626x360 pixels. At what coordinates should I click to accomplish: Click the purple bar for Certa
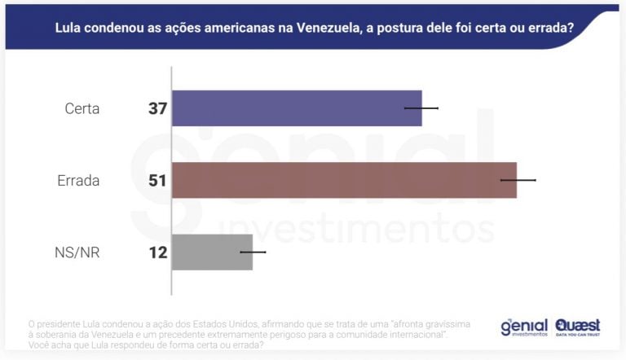point(297,108)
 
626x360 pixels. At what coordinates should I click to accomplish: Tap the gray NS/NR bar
point(212,252)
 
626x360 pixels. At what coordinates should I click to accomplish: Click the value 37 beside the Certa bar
point(157,108)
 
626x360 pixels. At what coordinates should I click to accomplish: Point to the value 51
point(157,181)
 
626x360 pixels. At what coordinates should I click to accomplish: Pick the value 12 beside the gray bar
point(157,252)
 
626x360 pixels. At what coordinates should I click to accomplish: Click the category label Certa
point(82,108)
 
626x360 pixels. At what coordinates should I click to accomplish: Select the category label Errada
point(78,181)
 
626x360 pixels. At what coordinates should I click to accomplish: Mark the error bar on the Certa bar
point(421,108)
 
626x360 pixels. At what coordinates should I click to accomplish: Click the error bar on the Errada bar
point(518,180)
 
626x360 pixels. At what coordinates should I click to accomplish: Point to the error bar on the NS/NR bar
point(253,252)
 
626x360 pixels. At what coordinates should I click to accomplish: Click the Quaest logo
point(578,327)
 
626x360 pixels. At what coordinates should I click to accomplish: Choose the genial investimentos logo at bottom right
point(523,327)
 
